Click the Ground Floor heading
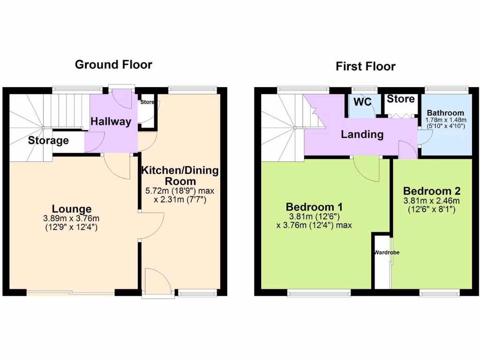coord(113,65)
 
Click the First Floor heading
coord(365,67)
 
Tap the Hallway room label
coord(111,122)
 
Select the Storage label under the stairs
coord(48,141)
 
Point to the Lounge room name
coord(72,209)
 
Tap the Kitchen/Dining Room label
coord(180,175)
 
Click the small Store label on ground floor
coord(148,102)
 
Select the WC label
coord(362,102)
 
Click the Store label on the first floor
coord(400,99)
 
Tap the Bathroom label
coord(445,113)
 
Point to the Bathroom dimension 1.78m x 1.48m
coord(445,120)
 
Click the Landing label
coord(362,135)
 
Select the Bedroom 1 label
coord(315,207)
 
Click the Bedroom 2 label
coord(431,191)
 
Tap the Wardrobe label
coord(387,253)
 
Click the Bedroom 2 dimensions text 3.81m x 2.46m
coord(431,201)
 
